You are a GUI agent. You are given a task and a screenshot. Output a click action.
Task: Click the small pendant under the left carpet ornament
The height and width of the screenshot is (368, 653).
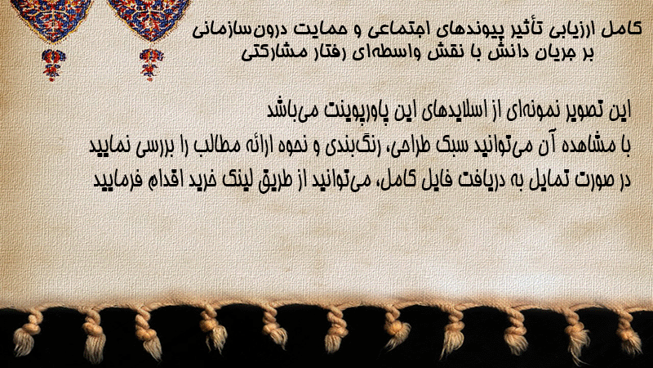53,65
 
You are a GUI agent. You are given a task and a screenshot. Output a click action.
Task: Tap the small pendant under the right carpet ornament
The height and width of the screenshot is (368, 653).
151,65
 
